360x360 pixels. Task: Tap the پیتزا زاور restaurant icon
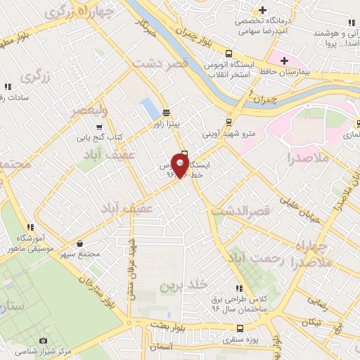(166, 112)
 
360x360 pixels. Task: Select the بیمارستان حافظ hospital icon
(284, 60)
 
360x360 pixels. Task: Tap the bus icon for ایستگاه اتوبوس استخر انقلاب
(229, 53)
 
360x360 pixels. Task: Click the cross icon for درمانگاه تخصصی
(262, 11)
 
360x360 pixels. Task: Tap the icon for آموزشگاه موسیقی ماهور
(30, 227)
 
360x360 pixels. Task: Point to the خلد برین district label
(184, 285)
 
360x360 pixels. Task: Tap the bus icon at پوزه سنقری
(240, 328)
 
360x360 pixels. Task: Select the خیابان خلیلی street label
(302, 211)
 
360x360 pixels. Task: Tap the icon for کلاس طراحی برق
(240, 288)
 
